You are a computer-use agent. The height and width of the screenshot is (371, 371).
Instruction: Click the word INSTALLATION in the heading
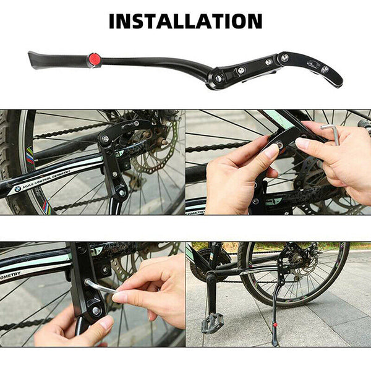tap(185, 20)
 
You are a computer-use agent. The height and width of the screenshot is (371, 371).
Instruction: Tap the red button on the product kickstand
tap(95, 59)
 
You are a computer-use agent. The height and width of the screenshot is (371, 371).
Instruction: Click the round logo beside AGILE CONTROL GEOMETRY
tap(16, 190)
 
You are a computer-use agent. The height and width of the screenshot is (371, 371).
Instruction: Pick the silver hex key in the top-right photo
tap(334, 133)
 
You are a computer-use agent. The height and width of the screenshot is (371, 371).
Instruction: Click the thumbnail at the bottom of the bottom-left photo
tap(106, 322)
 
